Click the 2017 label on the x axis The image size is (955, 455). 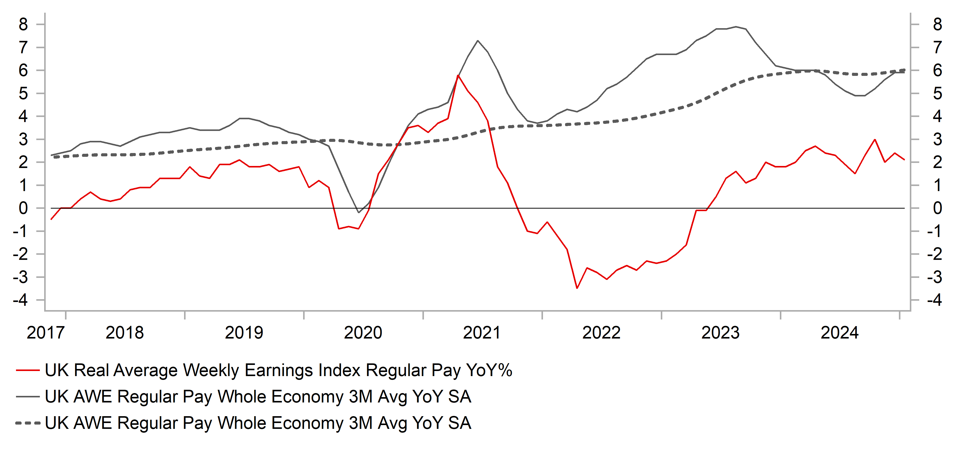[46, 332]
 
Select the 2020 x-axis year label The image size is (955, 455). [363, 332]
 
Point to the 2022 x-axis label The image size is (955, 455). [601, 332]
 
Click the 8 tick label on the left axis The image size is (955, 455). [23, 24]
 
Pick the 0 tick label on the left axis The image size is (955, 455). [23, 208]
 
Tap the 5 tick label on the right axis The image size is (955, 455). [937, 93]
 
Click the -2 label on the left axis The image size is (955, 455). [20, 254]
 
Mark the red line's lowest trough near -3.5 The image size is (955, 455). [577, 288]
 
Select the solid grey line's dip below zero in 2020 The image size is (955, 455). [358, 213]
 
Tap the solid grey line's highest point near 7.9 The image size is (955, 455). [736, 27]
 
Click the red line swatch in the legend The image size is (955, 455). [28, 370]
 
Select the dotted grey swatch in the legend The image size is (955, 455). [28, 423]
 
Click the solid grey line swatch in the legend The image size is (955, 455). [28, 396]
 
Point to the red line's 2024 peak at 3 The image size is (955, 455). [875, 139]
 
